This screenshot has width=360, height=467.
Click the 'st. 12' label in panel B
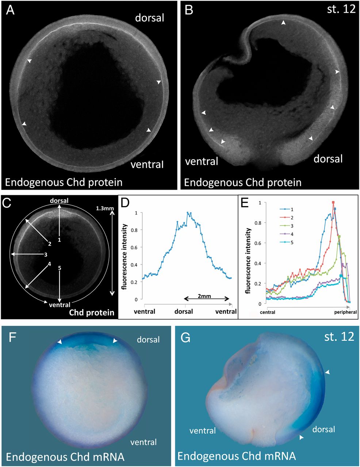click(342, 9)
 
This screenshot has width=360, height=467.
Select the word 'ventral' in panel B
click(202, 161)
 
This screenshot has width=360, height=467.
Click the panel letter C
click(6, 202)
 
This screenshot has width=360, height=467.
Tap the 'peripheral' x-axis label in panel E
click(345, 313)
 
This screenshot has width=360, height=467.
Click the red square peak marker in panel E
click(333, 202)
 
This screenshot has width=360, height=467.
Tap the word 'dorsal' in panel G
click(323, 429)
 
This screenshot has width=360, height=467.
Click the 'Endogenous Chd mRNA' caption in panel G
click(237, 456)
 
